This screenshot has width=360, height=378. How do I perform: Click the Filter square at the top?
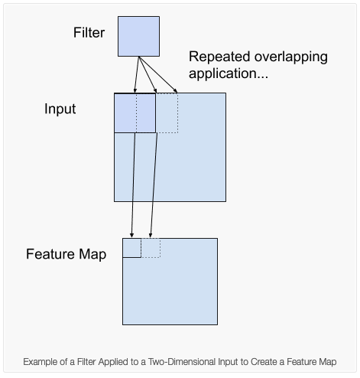138,36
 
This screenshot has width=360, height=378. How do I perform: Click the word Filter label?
89,33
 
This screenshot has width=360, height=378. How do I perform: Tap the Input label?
60,109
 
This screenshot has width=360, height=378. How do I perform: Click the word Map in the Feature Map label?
92,255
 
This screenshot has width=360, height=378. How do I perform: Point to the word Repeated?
219,57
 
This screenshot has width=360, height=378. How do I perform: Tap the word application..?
229,73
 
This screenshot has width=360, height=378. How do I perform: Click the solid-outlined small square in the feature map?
131,248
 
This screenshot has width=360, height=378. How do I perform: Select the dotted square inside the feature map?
151,248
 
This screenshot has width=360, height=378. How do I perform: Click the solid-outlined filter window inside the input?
135,113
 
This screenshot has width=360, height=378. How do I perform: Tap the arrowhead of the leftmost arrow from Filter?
135,90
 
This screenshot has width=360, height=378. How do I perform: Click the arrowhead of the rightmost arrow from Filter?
175,90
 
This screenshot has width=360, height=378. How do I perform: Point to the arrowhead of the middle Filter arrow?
155,90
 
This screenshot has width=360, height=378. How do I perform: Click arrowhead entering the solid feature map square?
131,235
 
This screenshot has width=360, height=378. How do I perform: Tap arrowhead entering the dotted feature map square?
151,235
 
